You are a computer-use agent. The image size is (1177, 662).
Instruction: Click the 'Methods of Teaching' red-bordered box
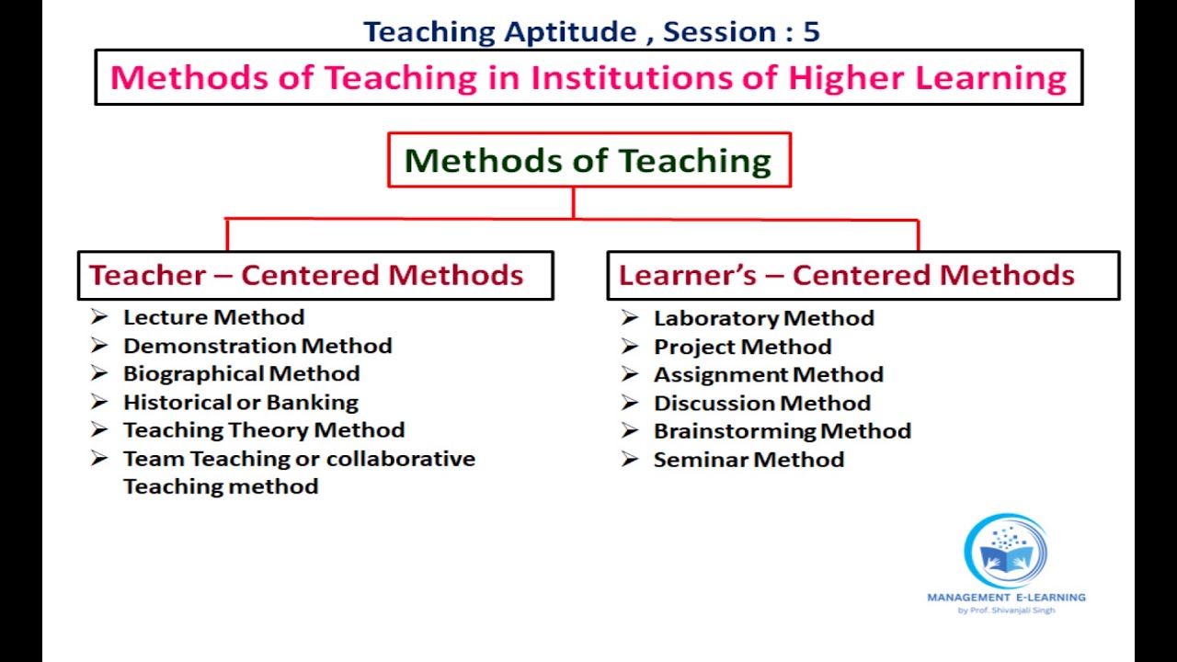[x=588, y=160]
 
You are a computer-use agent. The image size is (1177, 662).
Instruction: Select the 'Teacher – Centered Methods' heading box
[x=314, y=275]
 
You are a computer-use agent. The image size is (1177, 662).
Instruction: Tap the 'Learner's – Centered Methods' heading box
[x=863, y=275]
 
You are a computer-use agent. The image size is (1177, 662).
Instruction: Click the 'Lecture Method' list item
[x=213, y=317]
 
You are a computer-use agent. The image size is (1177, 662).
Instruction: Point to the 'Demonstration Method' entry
[x=257, y=346]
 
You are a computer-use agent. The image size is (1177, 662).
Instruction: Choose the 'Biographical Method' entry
[x=241, y=373]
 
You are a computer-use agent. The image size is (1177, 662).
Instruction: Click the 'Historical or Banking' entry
[x=240, y=402]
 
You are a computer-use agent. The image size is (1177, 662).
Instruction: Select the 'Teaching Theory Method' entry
[x=263, y=430]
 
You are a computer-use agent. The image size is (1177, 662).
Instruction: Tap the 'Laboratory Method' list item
[x=763, y=318]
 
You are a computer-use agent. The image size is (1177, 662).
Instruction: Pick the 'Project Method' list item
[x=742, y=347]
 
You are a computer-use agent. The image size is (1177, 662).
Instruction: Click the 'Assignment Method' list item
[x=768, y=374]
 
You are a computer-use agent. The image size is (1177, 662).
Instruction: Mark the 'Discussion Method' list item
[x=761, y=403]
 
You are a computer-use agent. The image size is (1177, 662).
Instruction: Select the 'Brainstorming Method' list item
[x=782, y=430]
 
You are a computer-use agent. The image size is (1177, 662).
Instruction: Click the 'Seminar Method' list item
[x=748, y=459]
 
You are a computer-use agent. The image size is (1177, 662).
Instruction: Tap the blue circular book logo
[x=1005, y=552]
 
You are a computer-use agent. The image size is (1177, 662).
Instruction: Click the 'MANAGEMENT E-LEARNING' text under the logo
[x=1006, y=597]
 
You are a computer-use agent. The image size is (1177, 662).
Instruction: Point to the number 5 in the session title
[x=810, y=32]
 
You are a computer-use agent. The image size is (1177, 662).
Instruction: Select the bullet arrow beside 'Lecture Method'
[x=99, y=317]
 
